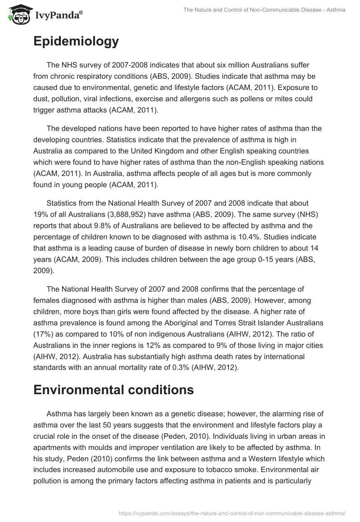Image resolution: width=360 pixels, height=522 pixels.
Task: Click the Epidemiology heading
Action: [76, 41]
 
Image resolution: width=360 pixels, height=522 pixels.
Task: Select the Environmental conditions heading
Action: [113, 390]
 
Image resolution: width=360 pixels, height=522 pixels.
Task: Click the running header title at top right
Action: [264, 10]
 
